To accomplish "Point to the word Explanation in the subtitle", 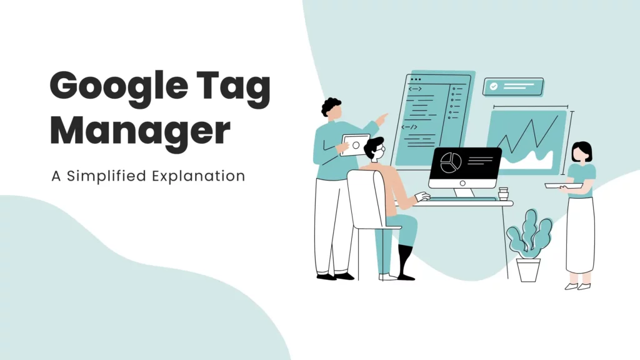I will point(198,176).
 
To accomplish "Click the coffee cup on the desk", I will point(503,194).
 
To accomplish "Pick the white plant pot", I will point(528,269).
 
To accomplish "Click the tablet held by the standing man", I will point(355,146).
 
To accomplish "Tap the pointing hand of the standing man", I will point(382,117).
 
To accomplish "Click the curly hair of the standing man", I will point(331,106).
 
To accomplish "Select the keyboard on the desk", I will point(462,199).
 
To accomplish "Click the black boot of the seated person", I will point(405,261).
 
